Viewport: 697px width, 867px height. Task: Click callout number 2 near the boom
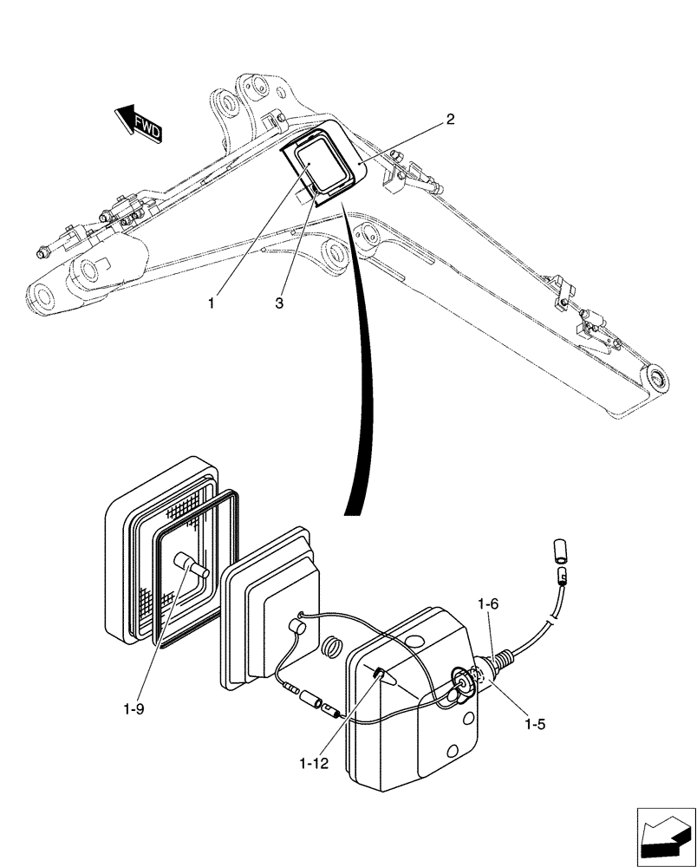[450, 121]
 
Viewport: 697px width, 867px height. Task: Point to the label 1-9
[134, 708]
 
